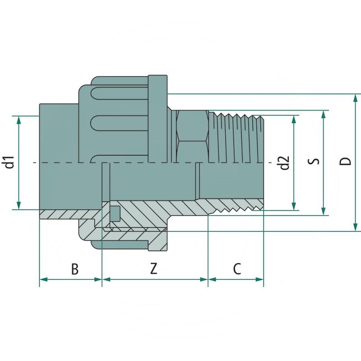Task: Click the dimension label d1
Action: (x=10, y=162)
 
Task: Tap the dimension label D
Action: (x=346, y=162)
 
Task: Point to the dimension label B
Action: (x=75, y=269)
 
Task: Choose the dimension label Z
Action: (x=154, y=269)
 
